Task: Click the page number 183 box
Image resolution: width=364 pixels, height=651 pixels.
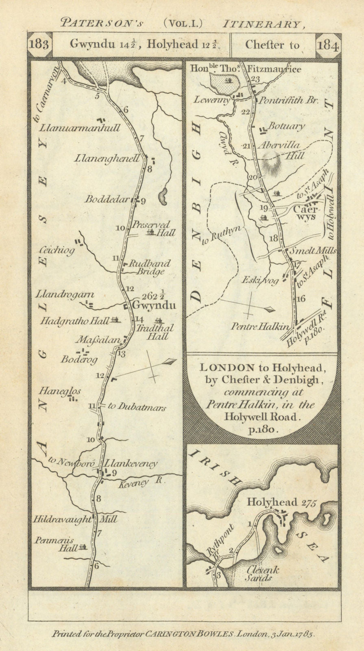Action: click(x=40, y=45)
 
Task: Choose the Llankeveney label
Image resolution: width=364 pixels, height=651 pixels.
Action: click(x=131, y=463)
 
